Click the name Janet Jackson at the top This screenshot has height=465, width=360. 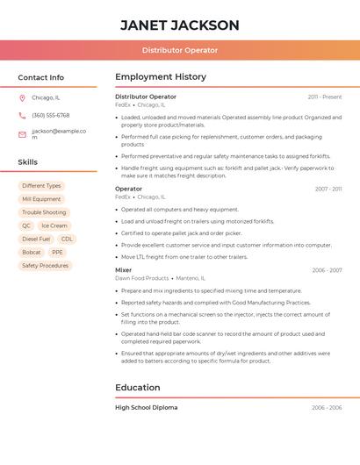pyautogui.click(x=179, y=25)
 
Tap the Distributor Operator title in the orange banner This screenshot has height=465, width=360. pyautogui.click(x=179, y=50)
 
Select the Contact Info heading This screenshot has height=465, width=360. pyautogui.click(x=40, y=77)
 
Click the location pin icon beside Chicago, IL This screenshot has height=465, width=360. pyautogui.click(x=22, y=97)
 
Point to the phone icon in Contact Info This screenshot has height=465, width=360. pyautogui.click(x=22, y=115)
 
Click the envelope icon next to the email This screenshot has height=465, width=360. pyautogui.click(x=22, y=134)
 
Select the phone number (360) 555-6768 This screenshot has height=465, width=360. pyautogui.click(x=50, y=115)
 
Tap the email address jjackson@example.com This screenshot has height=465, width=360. pyautogui.click(x=58, y=133)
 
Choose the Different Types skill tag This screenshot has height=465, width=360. pyautogui.click(x=41, y=186)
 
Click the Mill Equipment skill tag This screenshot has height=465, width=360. pyautogui.click(x=41, y=199)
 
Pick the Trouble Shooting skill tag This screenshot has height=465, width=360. pyautogui.click(x=44, y=212)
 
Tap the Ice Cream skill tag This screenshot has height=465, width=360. pyautogui.click(x=54, y=225)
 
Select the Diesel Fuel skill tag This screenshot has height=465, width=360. pyautogui.click(x=36, y=239)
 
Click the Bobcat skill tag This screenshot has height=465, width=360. pyautogui.click(x=31, y=252)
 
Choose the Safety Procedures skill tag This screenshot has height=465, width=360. pyautogui.click(x=45, y=265)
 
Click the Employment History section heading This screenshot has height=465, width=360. pyautogui.click(x=160, y=77)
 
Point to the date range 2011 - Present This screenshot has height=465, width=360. pyautogui.click(x=324, y=97)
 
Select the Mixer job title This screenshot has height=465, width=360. pyautogui.click(x=124, y=270)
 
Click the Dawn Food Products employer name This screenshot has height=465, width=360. pyautogui.click(x=141, y=278)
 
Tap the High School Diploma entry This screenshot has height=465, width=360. pyautogui.click(x=146, y=407)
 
